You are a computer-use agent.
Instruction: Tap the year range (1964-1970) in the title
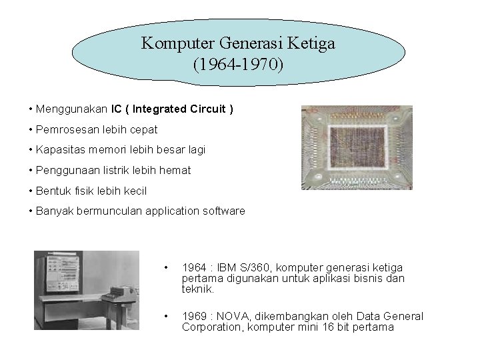pos(238,66)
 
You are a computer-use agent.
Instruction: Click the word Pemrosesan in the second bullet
pos(64,129)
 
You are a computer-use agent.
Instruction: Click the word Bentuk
pos(53,191)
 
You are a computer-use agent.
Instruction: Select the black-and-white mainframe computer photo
pos(87,293)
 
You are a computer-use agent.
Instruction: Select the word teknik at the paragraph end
pos(198,289)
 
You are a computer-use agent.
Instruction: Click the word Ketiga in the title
pos(311,45)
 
